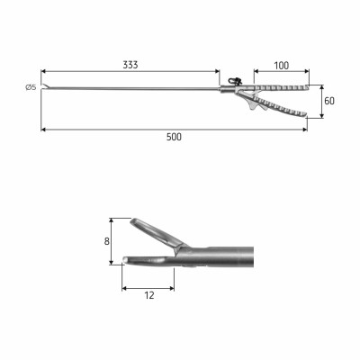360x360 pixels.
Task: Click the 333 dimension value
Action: tap(130, 65)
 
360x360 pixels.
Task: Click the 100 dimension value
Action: tap(282, 66)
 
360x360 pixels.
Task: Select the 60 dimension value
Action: tap(329, 101)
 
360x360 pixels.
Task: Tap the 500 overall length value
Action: tap(174, 137)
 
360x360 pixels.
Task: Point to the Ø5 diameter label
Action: tap(31, 87)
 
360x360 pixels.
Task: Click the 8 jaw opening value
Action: tap(107, 241)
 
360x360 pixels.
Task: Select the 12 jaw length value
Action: tap(149, 295)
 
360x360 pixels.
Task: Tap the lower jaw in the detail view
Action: tap(148, 261)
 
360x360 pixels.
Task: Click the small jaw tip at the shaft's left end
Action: tap(46, 86)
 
